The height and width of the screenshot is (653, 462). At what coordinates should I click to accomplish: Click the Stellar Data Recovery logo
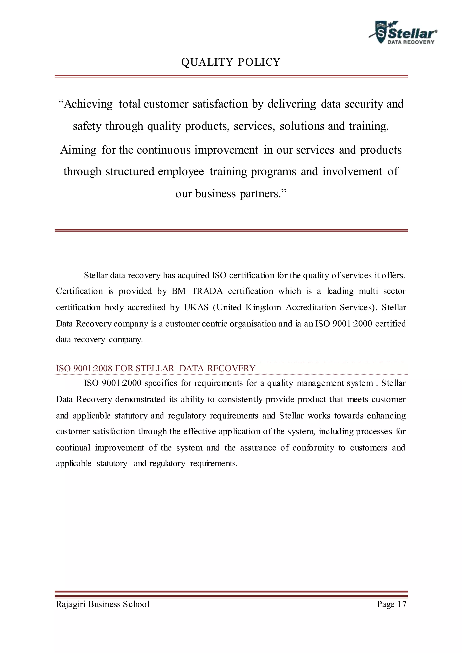(x=403, y=33)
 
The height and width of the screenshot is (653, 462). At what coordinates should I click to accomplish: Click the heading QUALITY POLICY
(x=231, y=62)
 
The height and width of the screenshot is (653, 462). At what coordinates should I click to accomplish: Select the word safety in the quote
(x=87, y=126)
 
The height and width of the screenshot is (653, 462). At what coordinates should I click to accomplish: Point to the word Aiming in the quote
(x=78, y=150)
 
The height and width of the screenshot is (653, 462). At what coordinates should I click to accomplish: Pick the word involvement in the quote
(x=352, y=172)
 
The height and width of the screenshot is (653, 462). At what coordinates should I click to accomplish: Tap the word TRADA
(x=207, y=291)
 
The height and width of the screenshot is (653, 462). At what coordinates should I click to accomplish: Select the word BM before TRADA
(x=178, y=291)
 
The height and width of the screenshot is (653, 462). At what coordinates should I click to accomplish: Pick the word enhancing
(x=386, y=416)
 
